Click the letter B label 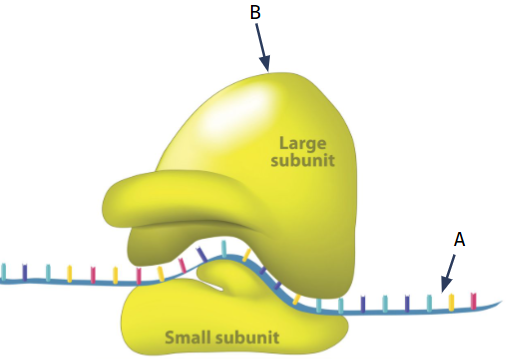255,12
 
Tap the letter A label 459,239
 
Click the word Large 303,144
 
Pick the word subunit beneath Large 303,160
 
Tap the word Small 189,337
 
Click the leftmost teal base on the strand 4,271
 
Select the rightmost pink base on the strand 473,301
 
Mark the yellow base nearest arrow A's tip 451,302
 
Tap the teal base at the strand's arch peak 224,249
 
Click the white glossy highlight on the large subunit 240,113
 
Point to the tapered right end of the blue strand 501,302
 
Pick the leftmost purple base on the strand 25,272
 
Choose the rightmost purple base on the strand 407,303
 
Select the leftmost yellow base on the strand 69,274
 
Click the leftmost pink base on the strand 93,275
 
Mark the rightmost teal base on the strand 429,303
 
